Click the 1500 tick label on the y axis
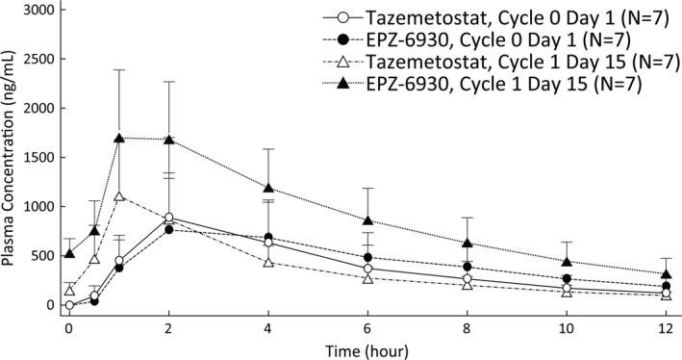point(36,157)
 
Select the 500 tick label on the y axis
point(39,256)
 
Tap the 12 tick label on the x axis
point(665,326)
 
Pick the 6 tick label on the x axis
point(367,326)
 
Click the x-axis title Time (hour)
point(366,348)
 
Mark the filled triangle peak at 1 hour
point(119,138)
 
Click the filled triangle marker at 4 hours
point(268,188)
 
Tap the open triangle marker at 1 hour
point(119,196)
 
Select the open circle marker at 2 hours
point(169,218)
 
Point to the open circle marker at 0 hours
point(69,305)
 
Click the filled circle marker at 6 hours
point(367,257)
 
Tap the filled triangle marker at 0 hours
point(69,253)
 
